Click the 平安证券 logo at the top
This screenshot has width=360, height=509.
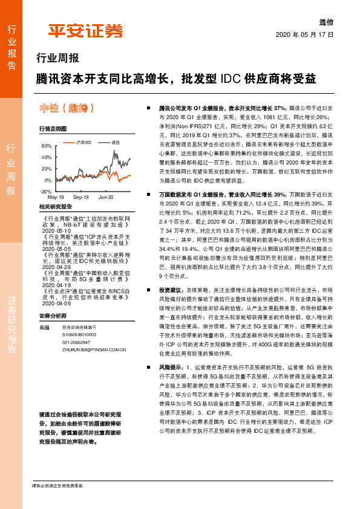(85, 31)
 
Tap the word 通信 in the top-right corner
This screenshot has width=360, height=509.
(326, 22)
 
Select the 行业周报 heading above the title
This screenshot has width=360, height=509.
(54, 59)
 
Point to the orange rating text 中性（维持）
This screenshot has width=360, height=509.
(66, 109)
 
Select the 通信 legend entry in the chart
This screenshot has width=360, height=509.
(114, 141)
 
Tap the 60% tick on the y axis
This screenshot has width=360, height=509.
(47, 146)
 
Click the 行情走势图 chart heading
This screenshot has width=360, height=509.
(53, 129)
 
